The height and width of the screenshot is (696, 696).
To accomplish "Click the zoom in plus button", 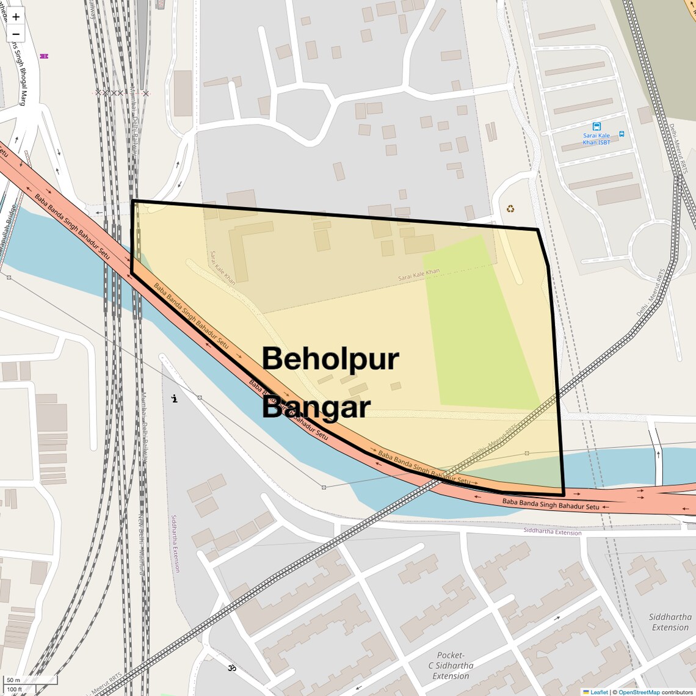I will [16, 16].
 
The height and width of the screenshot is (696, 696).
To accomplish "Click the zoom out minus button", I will [16, 34].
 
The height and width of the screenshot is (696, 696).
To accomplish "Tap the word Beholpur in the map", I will [330, 359].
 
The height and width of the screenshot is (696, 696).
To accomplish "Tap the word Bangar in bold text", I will [316, 407].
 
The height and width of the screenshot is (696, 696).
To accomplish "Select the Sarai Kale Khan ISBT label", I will [596, 139].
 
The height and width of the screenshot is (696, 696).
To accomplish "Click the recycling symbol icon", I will [510, 209].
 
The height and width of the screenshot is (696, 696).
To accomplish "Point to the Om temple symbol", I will [232, 668].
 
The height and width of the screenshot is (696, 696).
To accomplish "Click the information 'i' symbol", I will [175, 399].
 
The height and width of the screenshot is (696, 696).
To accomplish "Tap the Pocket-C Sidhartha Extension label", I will [451, 665].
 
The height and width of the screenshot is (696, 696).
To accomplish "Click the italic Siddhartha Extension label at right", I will [670, 622].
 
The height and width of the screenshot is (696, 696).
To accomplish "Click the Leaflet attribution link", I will [598, 692].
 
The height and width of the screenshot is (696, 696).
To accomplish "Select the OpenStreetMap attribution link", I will [639, 692].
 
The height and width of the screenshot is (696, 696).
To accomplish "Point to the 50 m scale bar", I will [31, 680].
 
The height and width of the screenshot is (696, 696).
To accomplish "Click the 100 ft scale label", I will [15, 690].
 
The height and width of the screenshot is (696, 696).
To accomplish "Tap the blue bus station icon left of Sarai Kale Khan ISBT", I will [596, 126].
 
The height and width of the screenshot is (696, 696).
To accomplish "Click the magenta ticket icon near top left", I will [44, 56].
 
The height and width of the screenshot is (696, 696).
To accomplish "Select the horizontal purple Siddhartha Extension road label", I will [552, 531].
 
